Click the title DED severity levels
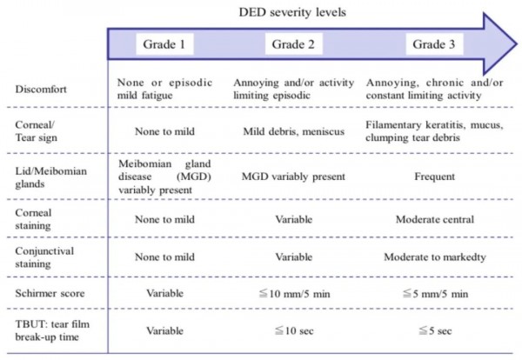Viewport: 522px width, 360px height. (x=292, y=12)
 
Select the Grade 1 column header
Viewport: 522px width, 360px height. (x=164, y=44)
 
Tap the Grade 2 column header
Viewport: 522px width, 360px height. (x=293, y=44)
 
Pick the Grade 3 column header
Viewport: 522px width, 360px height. (x=434, y=44)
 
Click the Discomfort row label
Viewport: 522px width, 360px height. (x=41, y=90)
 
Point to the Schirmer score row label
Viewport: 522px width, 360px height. (x=50, y=293)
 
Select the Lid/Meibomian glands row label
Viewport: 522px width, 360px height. (x=51, y=177)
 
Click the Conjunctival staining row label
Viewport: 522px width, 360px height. (x=44, y=257)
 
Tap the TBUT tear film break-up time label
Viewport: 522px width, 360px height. (x=52, y=330)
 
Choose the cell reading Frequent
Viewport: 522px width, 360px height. (x=434, y=177)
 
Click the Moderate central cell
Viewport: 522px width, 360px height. (x=435, y=220)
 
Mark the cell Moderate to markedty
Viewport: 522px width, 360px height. (x=435, y=257)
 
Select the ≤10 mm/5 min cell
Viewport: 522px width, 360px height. (x=294, y=294)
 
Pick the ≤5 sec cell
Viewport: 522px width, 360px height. (x=435, y=330)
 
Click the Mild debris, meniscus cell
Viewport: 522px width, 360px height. (x=294, y=131)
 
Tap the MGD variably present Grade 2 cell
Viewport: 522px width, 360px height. (x=293, y=177)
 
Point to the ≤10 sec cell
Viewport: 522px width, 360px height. (x=294, y=330)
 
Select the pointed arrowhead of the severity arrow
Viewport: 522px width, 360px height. (x=517, y=44)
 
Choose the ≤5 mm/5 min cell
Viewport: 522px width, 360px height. (x=435, y=294)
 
